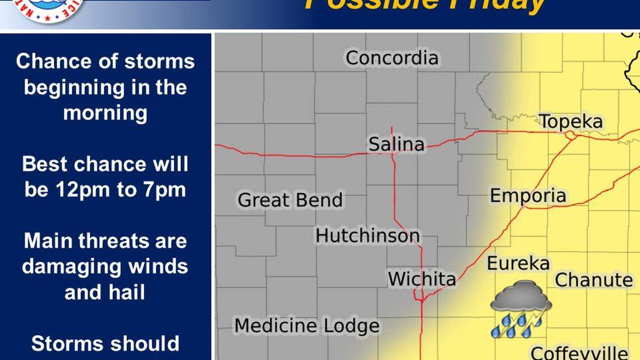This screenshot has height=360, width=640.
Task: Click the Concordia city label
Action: [392, 58]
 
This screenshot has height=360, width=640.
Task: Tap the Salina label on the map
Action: [396, 144]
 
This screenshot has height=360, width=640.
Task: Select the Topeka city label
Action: [571, 122]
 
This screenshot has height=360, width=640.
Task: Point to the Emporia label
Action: [528, 196]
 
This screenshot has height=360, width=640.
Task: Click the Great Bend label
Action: [290, 200]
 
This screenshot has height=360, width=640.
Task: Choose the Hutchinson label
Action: [367, 235]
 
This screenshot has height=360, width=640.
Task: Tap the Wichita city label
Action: [422, 279]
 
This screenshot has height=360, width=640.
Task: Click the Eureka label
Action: [518, 263]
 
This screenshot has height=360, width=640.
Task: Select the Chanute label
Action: [593, 280]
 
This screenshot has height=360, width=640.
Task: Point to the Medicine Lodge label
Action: [307, 325]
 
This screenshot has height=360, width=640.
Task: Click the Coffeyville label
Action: [579, 353]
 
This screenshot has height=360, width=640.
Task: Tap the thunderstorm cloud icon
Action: [520, 298]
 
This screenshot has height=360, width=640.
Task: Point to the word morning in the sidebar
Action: [105, 113]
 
